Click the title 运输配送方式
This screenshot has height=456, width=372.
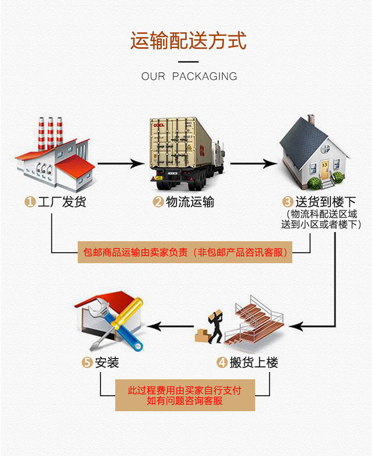(x=188, y=40)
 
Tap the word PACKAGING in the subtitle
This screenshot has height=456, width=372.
(x=205, y=76)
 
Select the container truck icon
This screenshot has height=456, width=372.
(x=187, y=153)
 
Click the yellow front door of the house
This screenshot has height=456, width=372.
(x=324, y=170)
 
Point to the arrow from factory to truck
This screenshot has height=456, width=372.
(x=121, y=163)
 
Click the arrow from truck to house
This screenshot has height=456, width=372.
(x=253, y=163)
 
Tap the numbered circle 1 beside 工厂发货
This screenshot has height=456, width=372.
(x=30, y=201)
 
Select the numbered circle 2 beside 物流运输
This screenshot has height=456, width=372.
(x=158, y=201)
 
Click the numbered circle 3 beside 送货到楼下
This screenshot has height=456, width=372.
(x=288, y=201)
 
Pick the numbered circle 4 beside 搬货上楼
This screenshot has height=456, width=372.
(x=222, y=362)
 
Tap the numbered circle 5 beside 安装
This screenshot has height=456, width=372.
(x=87, y=362)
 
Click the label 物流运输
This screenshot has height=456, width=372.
(x=190, y=202)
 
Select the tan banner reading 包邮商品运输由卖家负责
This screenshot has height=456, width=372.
(x=185, y=252)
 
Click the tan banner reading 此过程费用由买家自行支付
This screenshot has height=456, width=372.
(x=185, y=395)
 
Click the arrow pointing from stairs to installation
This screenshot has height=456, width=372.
(x=171, y=326)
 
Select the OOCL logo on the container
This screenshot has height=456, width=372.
(x=159, y=125)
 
